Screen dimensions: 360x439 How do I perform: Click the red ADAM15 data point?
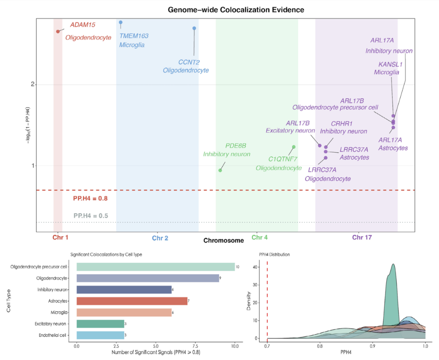pos(58,32)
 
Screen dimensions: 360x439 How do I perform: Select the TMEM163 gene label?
pos(134,36)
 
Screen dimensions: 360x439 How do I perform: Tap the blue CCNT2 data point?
pos(194,28)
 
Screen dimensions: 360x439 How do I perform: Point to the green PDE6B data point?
pos(220,170)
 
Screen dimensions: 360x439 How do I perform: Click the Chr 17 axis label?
pos(362,238)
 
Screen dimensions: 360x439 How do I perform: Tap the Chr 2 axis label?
pos(160,238)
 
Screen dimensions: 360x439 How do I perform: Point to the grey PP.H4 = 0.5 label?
pos(91,216)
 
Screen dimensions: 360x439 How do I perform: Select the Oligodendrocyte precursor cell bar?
pos(156,267)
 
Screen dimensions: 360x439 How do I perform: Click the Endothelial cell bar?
pos(100,335)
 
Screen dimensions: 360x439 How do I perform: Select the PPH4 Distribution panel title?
pos(273,254)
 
